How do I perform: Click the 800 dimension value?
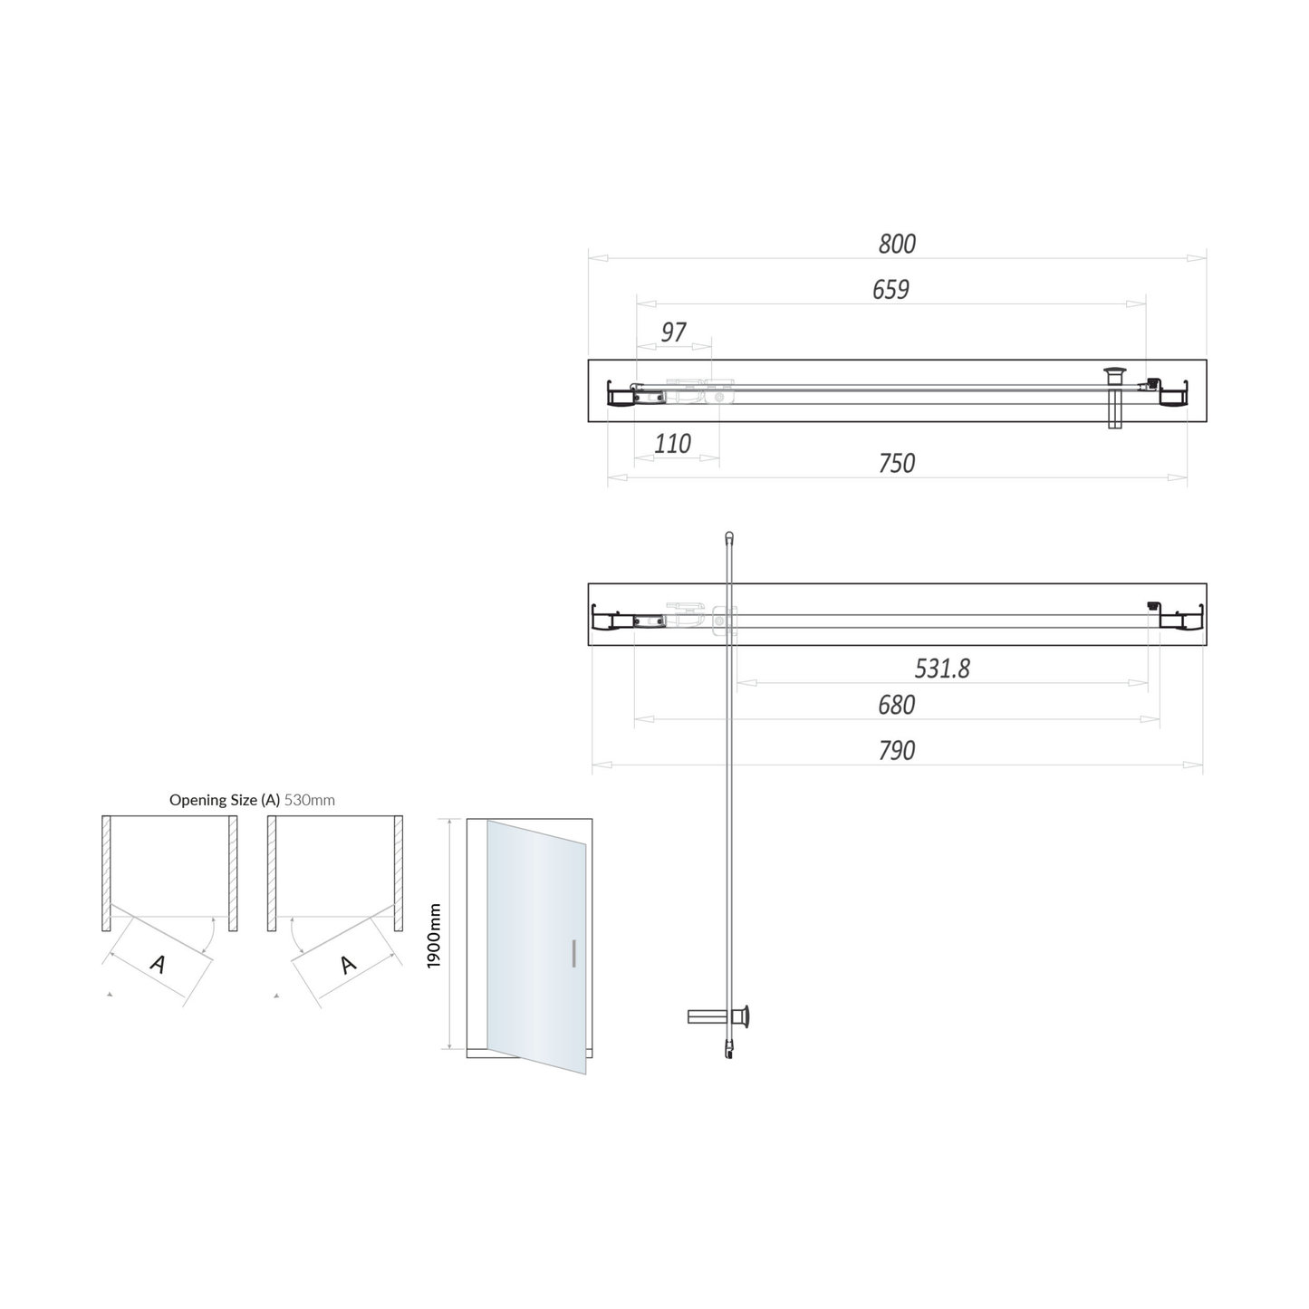point(897,244)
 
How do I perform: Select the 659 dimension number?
point(890,289)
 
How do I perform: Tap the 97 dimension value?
point(673,332)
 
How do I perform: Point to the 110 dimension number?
point(672,444)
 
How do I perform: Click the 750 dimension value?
point(897,463)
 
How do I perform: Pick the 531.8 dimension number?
point(942,669)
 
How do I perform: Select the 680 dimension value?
point(896,705)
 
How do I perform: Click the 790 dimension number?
point(897,750)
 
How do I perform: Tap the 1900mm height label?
point(434,935)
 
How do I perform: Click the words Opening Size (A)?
point(225,800)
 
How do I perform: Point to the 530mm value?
point(310,800)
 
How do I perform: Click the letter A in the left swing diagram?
point(158,964)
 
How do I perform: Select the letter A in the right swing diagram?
point(349,965)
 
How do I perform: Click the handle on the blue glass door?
point(573,954)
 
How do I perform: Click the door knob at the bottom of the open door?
point(743,1016)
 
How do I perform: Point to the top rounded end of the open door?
point(729,536)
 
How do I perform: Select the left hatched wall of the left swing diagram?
point(106,873)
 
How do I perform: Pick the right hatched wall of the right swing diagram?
point(398,873)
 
